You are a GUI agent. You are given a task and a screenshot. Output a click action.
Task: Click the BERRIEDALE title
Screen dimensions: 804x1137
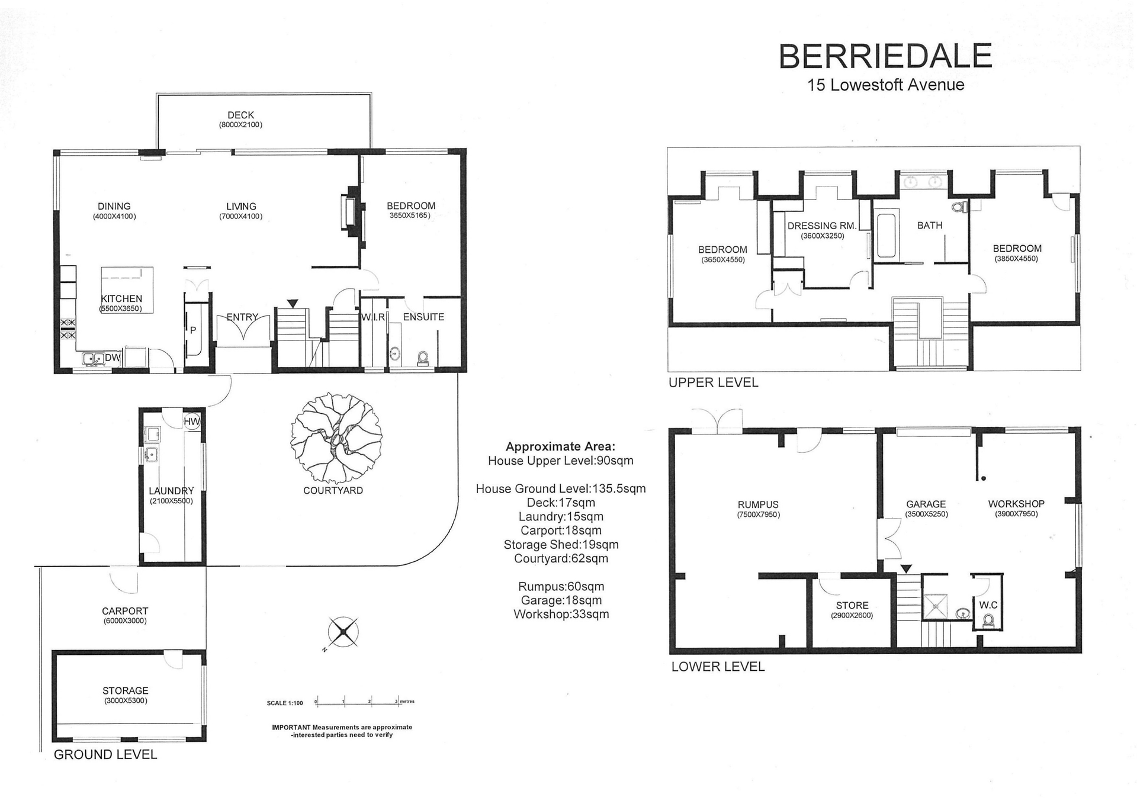pyautogui.click(x=885, y=57)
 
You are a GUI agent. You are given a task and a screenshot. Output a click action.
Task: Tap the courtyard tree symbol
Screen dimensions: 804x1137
pyautogui.click(x=336, y=438)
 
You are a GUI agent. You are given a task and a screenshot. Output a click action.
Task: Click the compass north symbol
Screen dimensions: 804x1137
pyautogui.click(x=344, y=632)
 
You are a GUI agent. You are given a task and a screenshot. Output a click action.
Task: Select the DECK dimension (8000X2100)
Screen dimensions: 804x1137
pyautogui.click(x=240, y=125)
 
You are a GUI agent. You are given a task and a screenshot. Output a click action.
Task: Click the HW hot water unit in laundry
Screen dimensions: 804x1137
pyautogui.click(x=192, y=422)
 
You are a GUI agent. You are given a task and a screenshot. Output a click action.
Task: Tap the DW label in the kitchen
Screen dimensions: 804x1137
pyautogui.click(x=112, y=358)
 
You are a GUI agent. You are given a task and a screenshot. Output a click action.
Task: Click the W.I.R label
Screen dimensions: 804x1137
pyautogui.click(x=373, y=317)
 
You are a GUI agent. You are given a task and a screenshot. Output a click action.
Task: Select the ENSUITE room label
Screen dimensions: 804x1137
pyautogui.click(x=423, y=317)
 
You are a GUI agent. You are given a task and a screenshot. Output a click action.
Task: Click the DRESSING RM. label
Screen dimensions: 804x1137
pyautogui.click(x=822, y=226)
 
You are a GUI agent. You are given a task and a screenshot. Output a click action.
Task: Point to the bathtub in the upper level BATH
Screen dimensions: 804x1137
pyautogui.click(x=886, y=236)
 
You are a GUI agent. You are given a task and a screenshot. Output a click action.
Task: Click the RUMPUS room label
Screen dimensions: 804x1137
pyautogui.click(x=758, y=504)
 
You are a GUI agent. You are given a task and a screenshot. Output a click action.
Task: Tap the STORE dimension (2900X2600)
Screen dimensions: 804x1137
pyautogui.click(x=852, y=615)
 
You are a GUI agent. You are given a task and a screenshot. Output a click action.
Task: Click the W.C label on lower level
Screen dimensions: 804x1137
pyautogui.click(x=988, y=605)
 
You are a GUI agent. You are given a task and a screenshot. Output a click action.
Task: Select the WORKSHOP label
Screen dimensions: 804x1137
pyautogui.click(x=1016, y=504)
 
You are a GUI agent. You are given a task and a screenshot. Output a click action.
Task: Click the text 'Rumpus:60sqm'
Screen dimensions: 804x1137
pyautogui.click(x=561, y=587)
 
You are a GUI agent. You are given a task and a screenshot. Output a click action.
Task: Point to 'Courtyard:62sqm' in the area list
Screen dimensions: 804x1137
pyautogui.click(x=561, y=558)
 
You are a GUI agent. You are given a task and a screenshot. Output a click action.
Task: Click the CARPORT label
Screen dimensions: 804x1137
pyautogui.click(x=125, y=611)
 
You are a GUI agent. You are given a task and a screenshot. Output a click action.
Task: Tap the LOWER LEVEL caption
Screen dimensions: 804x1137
pyautogui.click(x=718, y=667)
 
